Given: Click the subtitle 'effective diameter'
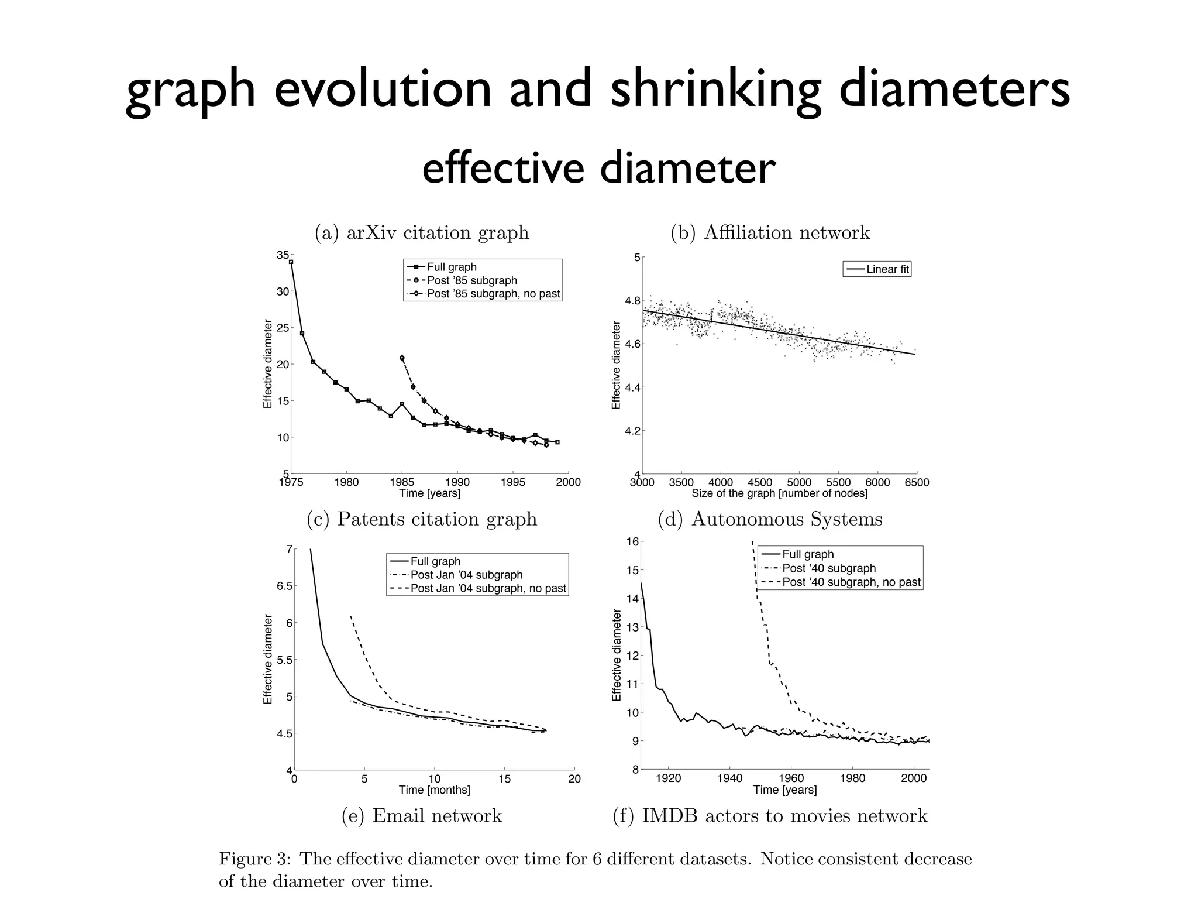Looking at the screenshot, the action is (x=598, y=168).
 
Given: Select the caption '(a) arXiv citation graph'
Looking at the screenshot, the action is (x=422, y=232).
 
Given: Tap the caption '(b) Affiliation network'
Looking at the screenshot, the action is (x=770, y=232).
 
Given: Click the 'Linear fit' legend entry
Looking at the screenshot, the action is (x=887, y=269).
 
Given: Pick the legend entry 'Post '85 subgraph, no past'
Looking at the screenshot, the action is (x=493, y=294).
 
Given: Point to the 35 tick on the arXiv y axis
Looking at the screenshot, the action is (x=283, y=255).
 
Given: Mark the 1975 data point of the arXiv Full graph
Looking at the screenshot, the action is (x=291, y=262).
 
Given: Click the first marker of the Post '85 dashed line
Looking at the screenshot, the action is (x=402, y=358).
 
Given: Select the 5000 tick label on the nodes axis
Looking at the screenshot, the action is (x=799, y=483).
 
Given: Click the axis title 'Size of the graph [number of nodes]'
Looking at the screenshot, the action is (x=779, y=493).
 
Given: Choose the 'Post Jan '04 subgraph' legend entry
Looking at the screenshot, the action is (x=466, y=575).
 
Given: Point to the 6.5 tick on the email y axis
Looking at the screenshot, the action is (x=284, y=586).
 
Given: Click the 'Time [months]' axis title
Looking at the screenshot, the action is (x=434, y=790).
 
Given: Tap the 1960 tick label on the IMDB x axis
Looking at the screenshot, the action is (x=791, y=778).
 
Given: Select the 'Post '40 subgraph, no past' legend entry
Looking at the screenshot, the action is (x=851, y=582).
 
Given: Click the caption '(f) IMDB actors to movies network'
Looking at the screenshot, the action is (x=770, y=816).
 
